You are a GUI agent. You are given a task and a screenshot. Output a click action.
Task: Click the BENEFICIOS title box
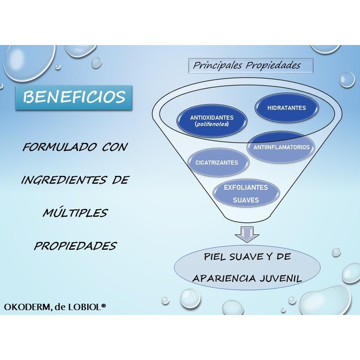coord(75,97)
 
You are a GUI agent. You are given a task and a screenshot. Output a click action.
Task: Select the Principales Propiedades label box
coord(247,66)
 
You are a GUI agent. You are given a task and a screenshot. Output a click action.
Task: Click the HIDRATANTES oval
coord(287,108)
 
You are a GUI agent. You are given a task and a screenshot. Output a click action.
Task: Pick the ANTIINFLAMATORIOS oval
coord(280,147)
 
